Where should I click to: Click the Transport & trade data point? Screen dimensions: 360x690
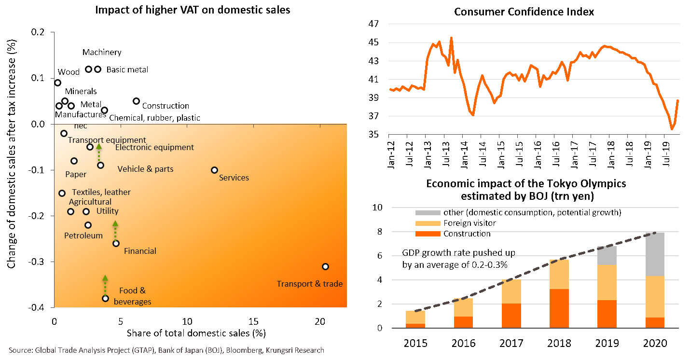coord(325,266)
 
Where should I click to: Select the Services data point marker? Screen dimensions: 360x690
coord(214,170)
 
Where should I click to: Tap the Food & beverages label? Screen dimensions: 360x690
coord(132,296)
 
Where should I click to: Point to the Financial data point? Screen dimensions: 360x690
coord(116,243)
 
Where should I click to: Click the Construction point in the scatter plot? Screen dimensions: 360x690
coord(136,101)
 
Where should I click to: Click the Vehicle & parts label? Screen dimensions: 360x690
coord(145,169)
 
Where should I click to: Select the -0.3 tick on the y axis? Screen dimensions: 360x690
coord(39,262)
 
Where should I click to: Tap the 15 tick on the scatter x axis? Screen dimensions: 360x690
coord(253,322)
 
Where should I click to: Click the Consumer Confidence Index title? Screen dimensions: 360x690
coord(524,12)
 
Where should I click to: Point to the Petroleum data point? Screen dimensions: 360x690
coord(88,225)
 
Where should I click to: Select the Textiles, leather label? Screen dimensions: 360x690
coord(101,192)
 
